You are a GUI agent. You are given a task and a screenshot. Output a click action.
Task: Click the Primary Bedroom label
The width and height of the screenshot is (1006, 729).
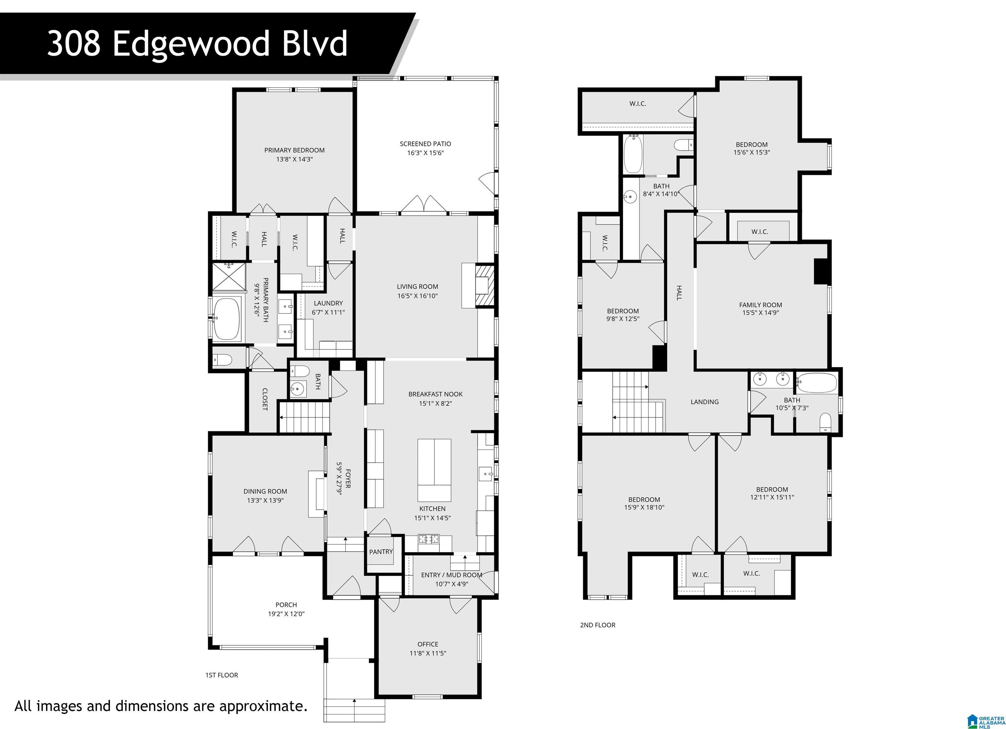[294, 150]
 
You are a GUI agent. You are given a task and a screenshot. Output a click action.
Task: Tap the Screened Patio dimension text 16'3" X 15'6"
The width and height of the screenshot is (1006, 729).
[425, 153]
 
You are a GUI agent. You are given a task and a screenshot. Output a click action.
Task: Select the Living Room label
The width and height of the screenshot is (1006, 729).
[418, 287]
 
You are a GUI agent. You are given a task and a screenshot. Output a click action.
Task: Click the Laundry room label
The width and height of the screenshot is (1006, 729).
[328, 303]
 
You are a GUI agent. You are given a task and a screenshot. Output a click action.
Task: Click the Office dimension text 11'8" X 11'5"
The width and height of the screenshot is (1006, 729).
[428, 653]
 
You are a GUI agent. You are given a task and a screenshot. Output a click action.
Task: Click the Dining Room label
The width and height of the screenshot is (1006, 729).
[265, 491]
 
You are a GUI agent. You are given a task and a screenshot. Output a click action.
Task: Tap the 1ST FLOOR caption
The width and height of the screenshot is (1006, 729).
[221, 675]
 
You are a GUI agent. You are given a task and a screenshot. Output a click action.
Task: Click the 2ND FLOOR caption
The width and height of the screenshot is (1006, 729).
[598, 625]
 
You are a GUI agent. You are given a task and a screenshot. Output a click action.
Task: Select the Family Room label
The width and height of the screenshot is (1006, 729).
[760, 305]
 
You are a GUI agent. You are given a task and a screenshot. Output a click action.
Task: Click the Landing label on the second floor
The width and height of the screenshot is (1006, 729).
[704, 402]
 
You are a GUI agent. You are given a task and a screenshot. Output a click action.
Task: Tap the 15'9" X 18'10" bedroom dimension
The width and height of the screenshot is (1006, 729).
[644, 507]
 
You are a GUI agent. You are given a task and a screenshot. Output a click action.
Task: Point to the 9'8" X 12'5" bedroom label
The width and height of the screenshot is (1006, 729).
[623, 311]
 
